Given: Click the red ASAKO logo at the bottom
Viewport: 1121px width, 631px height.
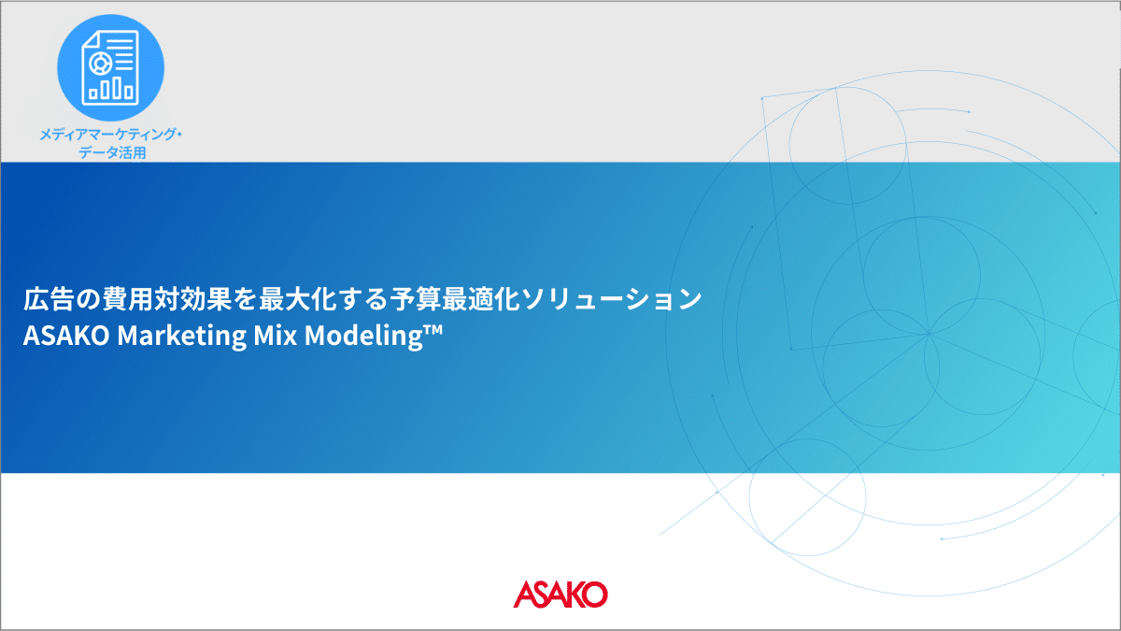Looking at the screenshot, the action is pos(560,594).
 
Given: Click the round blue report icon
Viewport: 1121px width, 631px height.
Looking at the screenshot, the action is pos(110,67).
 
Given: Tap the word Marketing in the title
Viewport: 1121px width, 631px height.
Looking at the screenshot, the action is pos(181,336).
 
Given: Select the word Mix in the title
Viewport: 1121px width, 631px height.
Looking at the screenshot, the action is pos(276,335).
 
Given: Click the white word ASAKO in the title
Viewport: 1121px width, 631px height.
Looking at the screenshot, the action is pos(66,336).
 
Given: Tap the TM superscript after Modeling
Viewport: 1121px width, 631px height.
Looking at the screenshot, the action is pos(433,328).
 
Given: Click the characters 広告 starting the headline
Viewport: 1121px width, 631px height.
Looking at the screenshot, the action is pos(49,299).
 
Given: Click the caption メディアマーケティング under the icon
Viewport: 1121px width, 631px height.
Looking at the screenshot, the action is pos(107,135).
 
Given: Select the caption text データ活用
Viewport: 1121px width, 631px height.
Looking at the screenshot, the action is pos(112,152).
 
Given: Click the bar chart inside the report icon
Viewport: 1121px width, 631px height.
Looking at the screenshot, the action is pos(110,89).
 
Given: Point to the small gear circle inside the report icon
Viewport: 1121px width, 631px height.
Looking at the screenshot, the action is pos(100,64).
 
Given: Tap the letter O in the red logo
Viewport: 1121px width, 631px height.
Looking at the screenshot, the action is pos(593,595).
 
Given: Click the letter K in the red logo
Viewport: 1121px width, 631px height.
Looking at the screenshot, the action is pos(570,595).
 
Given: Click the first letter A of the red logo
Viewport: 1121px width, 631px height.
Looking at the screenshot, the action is pos(524,595).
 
